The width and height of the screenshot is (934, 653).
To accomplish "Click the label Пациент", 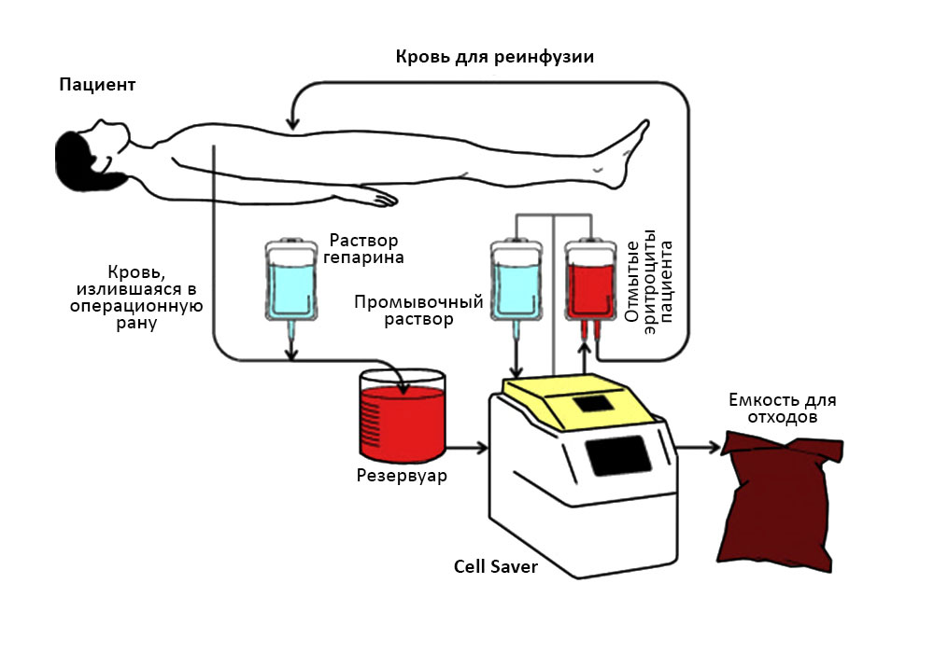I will tap(97, 85).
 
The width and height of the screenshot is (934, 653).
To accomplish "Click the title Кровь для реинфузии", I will tap(495, 56).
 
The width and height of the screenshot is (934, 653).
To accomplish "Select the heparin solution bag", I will tap(291, 285).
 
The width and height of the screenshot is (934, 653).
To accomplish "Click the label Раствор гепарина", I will tap(368, 247).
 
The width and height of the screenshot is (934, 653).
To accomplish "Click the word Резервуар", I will tap(402, 477).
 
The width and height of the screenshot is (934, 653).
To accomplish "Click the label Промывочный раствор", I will tap(418, 310).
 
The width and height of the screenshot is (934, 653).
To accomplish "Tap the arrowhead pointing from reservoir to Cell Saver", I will tap(482, 448).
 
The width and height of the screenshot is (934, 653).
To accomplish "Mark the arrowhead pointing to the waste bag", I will tap(715, 448).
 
